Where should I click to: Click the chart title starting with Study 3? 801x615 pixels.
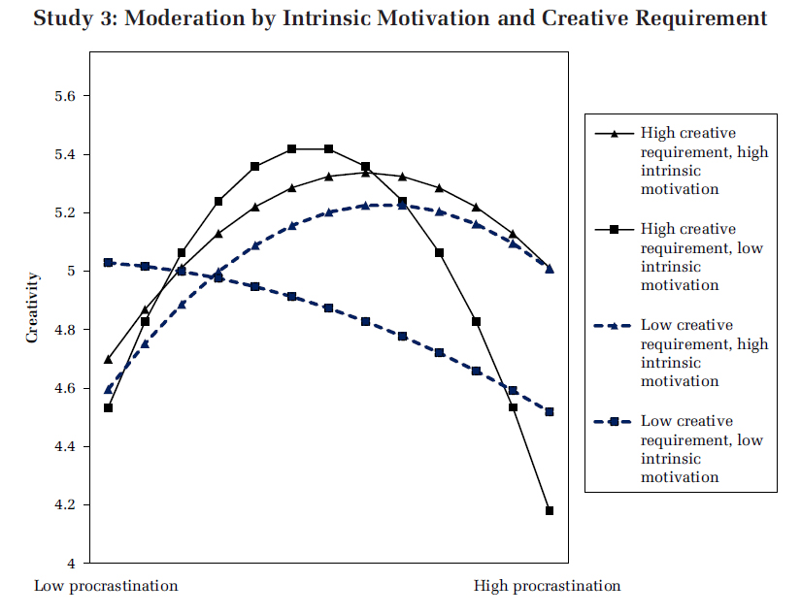click(x=400, y=18)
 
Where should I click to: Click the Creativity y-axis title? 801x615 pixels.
click(x=32, y=307)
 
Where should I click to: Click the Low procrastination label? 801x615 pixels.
click(x=106, y=586)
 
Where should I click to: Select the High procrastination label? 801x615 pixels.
click(x=547, y=586)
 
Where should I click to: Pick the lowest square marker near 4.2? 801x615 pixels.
click(x=550, y=510)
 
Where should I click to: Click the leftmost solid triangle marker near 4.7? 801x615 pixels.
click(x=109, y=359)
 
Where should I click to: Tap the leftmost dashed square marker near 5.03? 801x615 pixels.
click(x=109, y=263)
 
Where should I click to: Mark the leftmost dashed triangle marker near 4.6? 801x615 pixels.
click(x=109, y=389)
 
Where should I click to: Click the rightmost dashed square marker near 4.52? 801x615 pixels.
click(x=550, y=412)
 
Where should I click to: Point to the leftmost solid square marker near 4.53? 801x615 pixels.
click(x=109, y=407)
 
